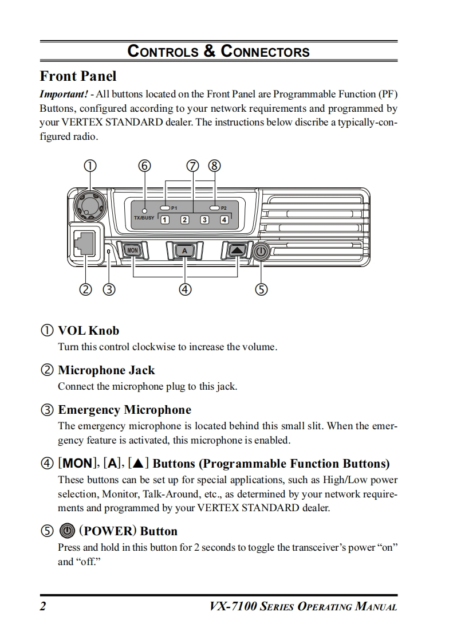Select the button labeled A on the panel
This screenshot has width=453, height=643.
click(184, 251)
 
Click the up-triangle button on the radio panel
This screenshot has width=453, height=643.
click(237, 250)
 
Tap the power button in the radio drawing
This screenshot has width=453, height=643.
click(261, 252)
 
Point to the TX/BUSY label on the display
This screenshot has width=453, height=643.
click(144, 218)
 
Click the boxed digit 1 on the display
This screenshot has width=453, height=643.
click(164, 219)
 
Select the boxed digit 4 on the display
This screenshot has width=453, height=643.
click(224, 219)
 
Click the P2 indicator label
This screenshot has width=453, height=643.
click(224, 207)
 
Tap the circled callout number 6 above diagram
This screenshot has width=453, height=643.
click(145, 166)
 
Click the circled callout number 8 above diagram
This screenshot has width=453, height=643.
click(215, 166)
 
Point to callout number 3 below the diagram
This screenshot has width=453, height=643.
click(109, 289)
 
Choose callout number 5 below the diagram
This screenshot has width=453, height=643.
click(261, 289)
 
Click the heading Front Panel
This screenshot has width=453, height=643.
click(78, 76)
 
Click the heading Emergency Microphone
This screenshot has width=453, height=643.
click(124, 410)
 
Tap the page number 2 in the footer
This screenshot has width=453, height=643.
click(42, 606)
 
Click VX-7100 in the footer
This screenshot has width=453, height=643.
click(233, 606)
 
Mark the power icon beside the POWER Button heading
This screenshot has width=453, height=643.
click(67, 531)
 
